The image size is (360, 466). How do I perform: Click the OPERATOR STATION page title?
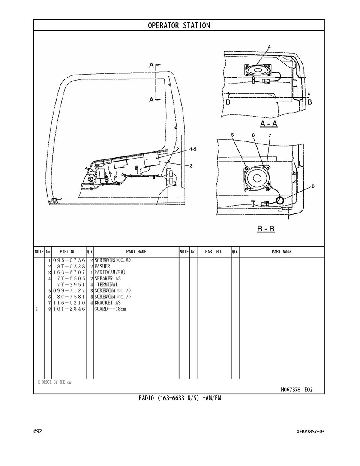[179, 25]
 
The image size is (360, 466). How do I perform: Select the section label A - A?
[269, 124]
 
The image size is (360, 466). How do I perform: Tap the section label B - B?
[266, 229]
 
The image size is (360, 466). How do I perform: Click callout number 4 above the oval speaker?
[269, 47]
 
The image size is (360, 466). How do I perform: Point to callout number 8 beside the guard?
[313, 186]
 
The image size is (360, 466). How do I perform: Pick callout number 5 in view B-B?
[232, 135]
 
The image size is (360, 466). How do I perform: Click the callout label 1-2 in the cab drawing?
[193, 149]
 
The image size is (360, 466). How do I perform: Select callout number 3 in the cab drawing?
[191, 165]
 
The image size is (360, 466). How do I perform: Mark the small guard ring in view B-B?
[280, 200]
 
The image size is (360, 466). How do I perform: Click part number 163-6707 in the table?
[69, 272]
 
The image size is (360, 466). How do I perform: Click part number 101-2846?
[69, 309]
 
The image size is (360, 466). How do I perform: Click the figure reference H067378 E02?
[297, 389]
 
